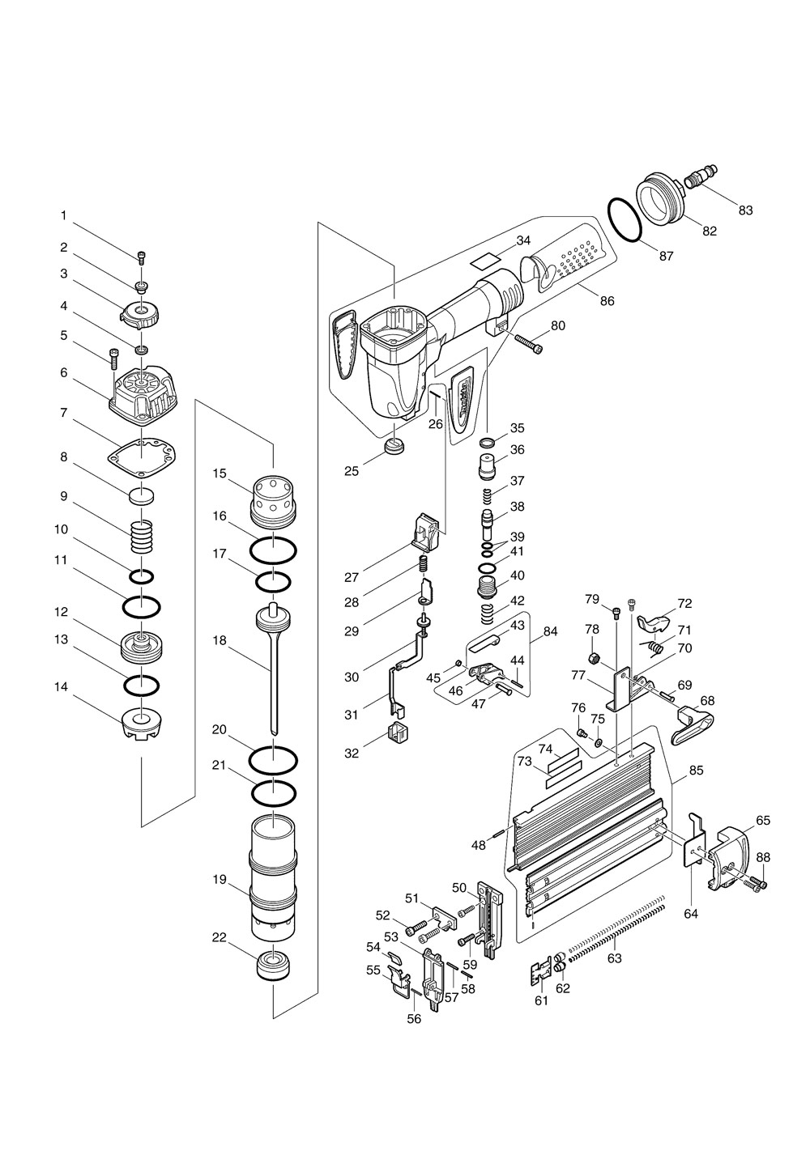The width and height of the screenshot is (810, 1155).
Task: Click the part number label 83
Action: pos(745,210)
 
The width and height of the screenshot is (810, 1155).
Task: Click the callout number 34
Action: pos(523,240)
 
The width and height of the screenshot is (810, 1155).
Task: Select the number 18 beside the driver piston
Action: pos(220,640)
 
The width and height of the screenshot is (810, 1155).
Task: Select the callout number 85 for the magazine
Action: pos(696,771)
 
